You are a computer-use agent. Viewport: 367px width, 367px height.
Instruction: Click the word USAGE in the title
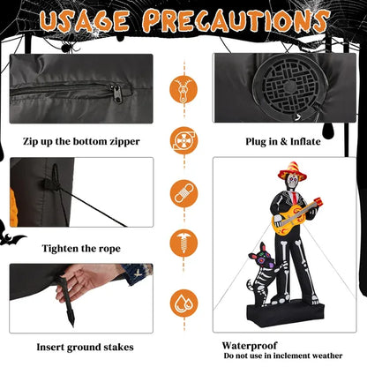point(85,21)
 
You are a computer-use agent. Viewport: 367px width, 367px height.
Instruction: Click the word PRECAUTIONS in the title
point(236,20)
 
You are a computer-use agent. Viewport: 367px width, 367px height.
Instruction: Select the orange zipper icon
point(183,89)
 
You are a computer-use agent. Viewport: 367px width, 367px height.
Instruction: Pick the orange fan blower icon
point(183,140)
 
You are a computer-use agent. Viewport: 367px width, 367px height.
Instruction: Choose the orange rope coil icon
point(183,193)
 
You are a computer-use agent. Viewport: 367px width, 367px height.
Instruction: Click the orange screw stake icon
point(183,243)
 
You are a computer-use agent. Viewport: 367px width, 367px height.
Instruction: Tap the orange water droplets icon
point(183,303)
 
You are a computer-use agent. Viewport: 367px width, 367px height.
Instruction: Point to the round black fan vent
point(289,86)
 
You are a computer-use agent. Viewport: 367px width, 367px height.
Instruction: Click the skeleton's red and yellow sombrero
point(292,170)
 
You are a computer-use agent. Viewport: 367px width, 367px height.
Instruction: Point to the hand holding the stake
point(84,280)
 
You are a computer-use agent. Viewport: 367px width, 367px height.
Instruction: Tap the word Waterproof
point(250,345)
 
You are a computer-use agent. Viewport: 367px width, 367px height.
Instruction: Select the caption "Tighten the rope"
point(81,249)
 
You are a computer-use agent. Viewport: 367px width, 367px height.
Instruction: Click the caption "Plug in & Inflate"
point(283,141)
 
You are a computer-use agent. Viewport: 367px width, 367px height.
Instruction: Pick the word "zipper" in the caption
point(124,142)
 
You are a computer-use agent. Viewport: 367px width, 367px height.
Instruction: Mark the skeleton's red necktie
point(295,198)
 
